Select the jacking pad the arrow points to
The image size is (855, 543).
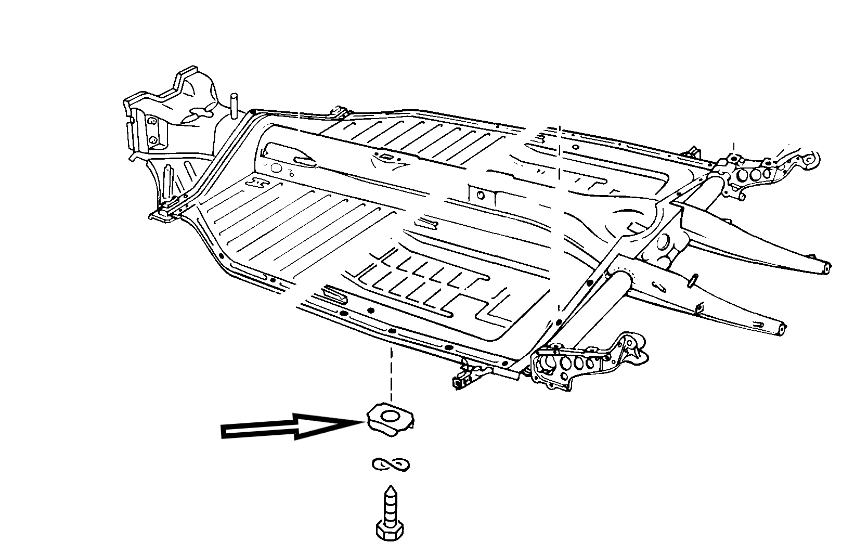391,418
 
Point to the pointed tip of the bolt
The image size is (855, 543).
389,489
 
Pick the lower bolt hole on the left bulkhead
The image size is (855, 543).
153,141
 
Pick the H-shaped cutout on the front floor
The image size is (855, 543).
258,182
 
